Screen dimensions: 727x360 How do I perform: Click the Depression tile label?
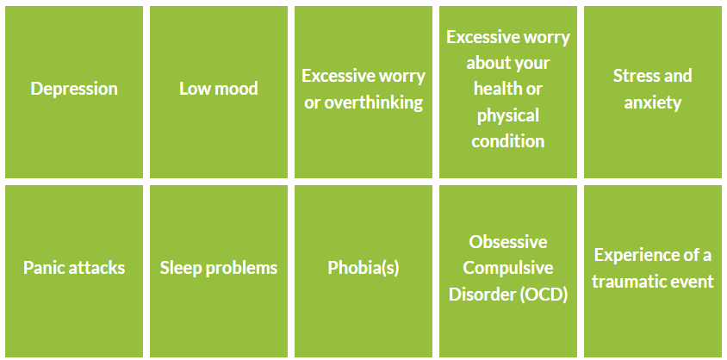74,89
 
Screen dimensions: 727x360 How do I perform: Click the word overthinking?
373,102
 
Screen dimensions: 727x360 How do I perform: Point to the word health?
495,89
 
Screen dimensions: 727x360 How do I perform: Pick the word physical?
508,115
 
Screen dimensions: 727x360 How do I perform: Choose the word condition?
508,141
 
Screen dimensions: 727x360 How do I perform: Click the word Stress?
632,76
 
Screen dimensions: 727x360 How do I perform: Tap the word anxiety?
653,102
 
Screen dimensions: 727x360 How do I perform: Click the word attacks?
95,268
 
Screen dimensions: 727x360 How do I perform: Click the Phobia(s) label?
363,268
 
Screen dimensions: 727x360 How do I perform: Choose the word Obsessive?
508,242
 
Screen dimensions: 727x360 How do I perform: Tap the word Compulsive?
508,268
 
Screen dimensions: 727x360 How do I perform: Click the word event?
690,282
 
